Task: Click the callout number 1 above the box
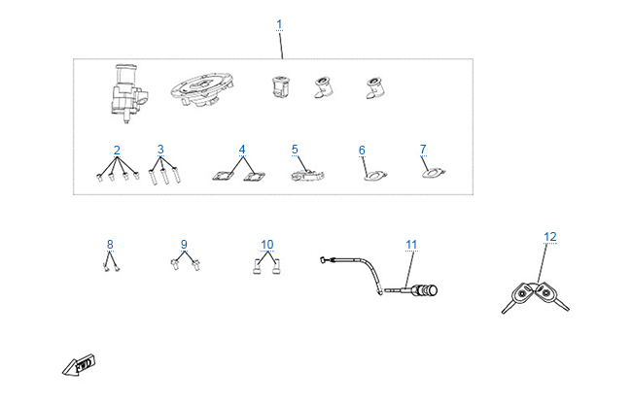[x=279, y=24]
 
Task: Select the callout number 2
[x=117, y=151]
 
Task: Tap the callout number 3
[x=160, y=150]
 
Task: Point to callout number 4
[x=242, y=150]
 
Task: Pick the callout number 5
[x=295, y=150]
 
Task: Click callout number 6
[x=362, y=151]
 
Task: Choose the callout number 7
[x=423, y=150]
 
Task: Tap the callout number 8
[x=110, y=245]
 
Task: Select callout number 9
[x=184, y=245]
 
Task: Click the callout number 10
[x=267, y=245]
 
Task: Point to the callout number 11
[x=411, y=245]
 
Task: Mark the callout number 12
[x=550, y=237]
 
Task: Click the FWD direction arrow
[x=79, y=365]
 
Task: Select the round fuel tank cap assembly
[x=202, y=89]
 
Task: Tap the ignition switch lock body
[x=128, y=93]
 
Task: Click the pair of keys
[x=536, y=297]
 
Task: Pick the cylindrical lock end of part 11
[x=427, y=290]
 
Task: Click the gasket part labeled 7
[x=434, y=173]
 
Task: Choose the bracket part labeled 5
[x=307, y=176]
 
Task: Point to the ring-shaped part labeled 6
[x=375, y=176]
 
